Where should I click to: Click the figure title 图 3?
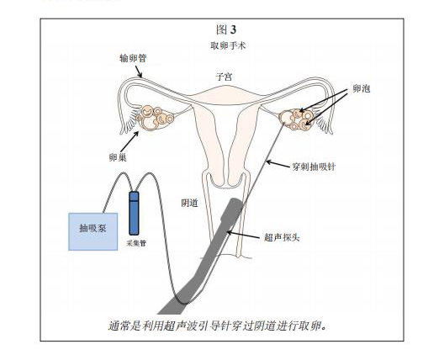(x=226, y=29)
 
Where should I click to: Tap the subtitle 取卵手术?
(x=228, y=45)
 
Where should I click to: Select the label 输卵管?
(x=133, y=58)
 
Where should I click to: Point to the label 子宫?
(x=224, y=77)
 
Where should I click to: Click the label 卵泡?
(x=362, y=89)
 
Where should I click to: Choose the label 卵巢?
(x=118, y=157)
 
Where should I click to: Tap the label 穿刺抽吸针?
(x=314, y=167)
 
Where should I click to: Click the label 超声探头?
(x=282, y=237)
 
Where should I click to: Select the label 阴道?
(x=189, y=203)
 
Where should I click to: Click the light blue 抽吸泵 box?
(x=93, y=231)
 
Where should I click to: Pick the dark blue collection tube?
(x=134, y=214)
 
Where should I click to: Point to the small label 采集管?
(x=136, y=243)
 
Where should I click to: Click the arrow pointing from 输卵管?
(x=139, y=71)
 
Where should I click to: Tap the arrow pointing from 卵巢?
(x=129, y=141)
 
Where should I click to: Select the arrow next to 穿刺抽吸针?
(x=278, y=163)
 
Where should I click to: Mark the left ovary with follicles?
(x=155, y=118)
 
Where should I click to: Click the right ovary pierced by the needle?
(x=297, y=119)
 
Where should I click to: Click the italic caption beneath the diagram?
(x=218, y=326)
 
